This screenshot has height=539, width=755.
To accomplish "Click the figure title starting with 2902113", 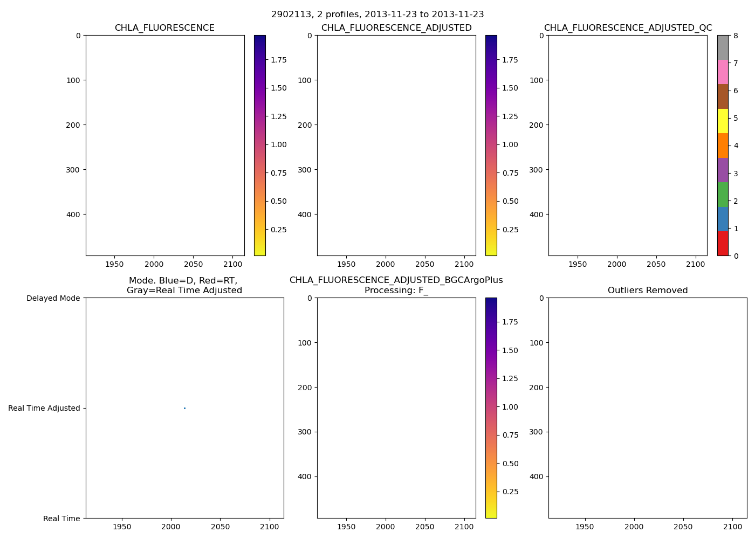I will click(x=377, y=15).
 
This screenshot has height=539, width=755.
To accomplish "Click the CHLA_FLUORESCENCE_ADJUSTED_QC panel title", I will click(x=628, y=28).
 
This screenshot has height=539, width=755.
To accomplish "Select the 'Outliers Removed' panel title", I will click(x=648, y=291).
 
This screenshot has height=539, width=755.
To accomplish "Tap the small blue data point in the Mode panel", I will click(x=184, y=408).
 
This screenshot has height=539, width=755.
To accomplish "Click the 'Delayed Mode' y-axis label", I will click(x=53, y=298).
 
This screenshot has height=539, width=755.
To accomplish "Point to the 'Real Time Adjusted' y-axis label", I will click(x=44, y=408).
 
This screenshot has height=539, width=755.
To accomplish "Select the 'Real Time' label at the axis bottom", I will click(x=61, y=519).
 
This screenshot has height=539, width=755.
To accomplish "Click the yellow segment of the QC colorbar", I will click(x=723, y=121).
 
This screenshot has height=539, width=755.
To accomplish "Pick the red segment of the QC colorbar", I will click(x=723, y=244).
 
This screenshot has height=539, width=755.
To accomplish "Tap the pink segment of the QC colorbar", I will click(x=723, y=72).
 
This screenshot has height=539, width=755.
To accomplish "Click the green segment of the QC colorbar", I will click(x=723, y=195).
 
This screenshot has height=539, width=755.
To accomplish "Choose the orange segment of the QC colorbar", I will click(x=723, y=146).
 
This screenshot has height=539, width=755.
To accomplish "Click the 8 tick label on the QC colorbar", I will click(x=736, y=36).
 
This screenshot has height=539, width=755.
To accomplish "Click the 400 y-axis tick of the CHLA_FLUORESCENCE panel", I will click(x=74, y=215).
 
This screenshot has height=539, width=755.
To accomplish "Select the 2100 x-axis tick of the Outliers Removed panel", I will click(x=732, y=527).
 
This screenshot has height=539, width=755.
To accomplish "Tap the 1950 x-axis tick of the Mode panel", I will click(x=122, y=527).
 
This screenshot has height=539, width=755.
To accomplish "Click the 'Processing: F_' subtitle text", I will click(x=396, y=291).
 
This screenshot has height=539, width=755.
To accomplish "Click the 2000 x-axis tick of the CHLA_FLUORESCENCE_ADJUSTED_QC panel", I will click(x=617, y=264).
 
